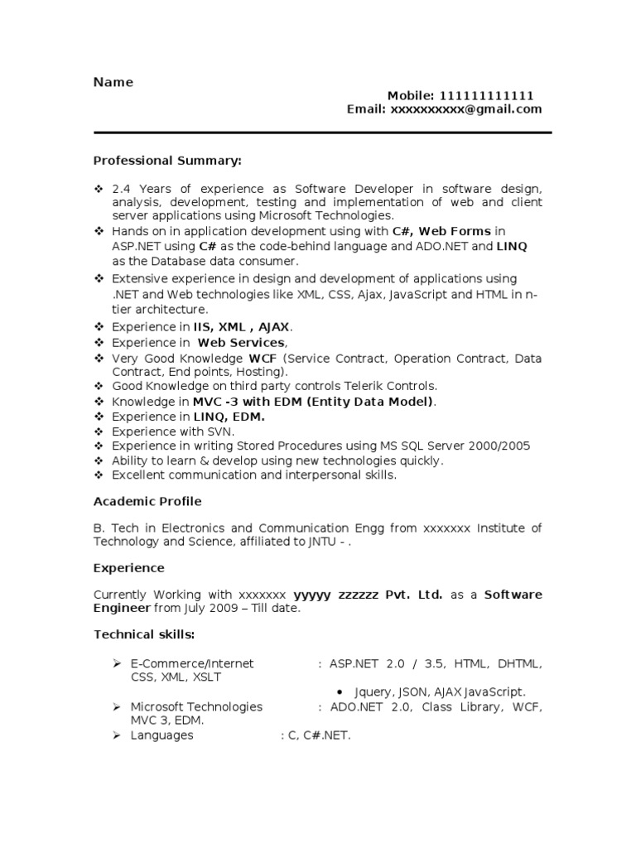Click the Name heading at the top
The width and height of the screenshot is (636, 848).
point(113,82)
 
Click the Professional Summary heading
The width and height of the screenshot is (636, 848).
point(167,160)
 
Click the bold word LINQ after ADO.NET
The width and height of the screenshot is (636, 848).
point(512,246)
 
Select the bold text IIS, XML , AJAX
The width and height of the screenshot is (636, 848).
point(242,327)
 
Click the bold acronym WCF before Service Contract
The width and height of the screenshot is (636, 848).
point(263,359)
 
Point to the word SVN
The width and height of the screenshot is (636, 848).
point(221,431)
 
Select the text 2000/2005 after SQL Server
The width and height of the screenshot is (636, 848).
point(503,446)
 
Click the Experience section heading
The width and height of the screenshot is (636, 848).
point(129,568)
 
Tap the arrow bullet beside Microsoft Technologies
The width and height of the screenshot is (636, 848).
point(118,706)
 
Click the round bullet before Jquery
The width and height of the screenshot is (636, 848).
point(342,691)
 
